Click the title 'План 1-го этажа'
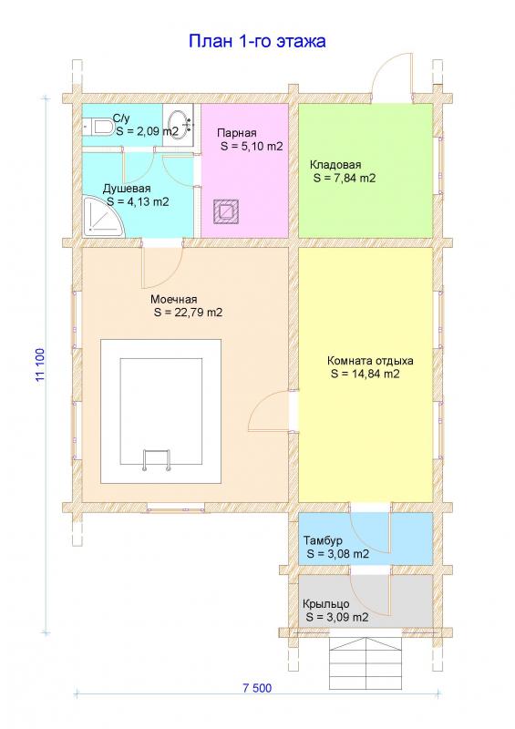(x=257, y=41)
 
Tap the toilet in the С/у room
(x=98, y=127)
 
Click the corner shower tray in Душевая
(x=103, y=217)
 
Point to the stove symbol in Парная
(x=227, y=211)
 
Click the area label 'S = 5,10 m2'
(x=252, y=147)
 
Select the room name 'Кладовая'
(x=335, y=165)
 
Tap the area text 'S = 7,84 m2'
(x=345, y=178)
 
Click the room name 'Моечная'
(x=173, y=300)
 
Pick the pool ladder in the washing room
(x=157, y=460)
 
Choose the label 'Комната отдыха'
(x=370, y=361)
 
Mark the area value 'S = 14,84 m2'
(x=366, y=375)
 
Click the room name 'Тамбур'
(x=323, y=540)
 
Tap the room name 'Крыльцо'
(x=325, y=604)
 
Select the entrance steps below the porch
(x=366, y=656)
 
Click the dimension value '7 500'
(x=257, y=688)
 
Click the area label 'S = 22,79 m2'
(x=188, y=313)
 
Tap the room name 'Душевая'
(x=127, y=189)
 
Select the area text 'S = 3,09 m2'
(x=338, y=618)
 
